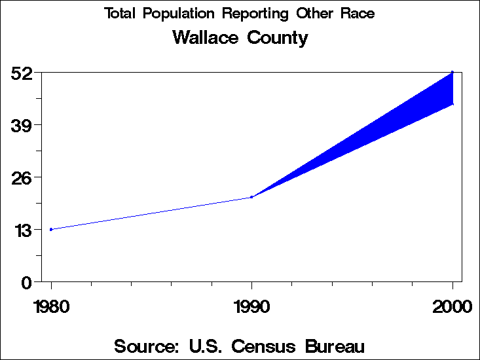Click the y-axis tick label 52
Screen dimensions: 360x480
pos(23,73)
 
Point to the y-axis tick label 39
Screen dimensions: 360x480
pos(23,125)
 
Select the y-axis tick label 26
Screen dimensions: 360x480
pos(23,177)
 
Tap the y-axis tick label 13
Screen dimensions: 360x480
pos(23,230)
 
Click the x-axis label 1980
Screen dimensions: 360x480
pos(50,306)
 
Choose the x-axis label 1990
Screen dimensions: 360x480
pos(251,306)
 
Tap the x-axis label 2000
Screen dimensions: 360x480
pos(452,306)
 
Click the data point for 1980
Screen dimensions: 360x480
pos(51,229)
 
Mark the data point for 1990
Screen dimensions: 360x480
pos(251,197)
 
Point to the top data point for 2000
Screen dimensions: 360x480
pos(452,72)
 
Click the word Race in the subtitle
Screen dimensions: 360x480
pos(357,14)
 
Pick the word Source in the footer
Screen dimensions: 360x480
pos(146,346)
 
